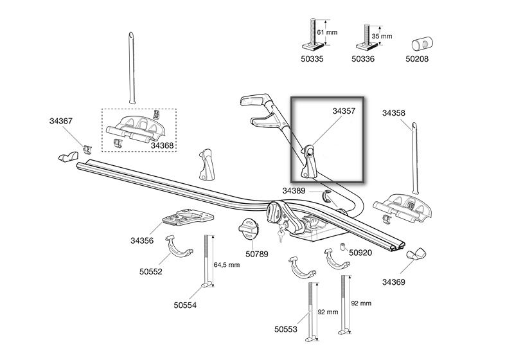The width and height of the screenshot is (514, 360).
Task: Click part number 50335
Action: point(312,59)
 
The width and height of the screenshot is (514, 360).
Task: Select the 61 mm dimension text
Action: point(327,32)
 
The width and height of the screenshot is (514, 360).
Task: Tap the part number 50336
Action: point(363,59)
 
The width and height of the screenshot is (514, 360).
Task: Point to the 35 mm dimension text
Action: point(382,36)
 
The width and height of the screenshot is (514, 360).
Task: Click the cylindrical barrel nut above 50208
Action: point(422,44)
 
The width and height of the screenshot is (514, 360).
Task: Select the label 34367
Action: point(61,121)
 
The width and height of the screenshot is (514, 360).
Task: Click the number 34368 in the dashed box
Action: point(162,145)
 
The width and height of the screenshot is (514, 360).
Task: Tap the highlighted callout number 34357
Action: point(344,111)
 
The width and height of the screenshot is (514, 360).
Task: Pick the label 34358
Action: point(394,113)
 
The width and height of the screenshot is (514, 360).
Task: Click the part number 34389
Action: point(294,191)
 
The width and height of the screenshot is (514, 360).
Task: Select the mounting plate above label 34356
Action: point(188,217)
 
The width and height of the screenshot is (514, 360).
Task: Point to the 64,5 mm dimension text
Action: point(227,265)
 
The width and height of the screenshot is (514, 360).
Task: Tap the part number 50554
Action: point(185,305)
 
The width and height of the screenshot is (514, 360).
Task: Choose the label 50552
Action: point(151,272)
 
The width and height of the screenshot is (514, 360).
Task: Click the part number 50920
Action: point(360,253)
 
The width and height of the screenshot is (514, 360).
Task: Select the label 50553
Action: point(286,329)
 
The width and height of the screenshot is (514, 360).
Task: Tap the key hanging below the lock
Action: point(281,235)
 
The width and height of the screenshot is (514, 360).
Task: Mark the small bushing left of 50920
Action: point(343,247)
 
